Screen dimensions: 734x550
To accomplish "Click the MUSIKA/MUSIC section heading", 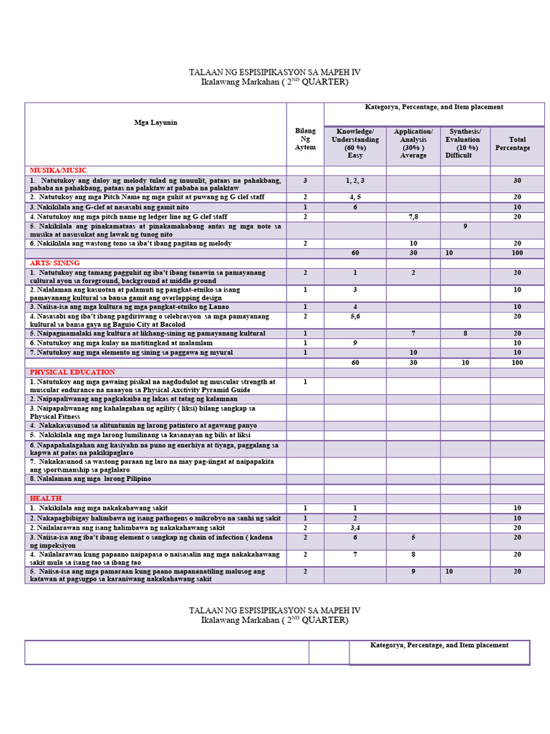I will tap(58, 171).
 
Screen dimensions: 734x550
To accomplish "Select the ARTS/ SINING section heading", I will tap(54, 263).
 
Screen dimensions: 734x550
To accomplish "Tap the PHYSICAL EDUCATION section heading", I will tap(72, 372).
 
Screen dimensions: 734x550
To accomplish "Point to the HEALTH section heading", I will tap(45, 498).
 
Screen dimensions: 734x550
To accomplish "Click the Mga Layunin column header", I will tap(155, 123).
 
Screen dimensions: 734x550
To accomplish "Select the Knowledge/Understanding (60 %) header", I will tap(355, 143).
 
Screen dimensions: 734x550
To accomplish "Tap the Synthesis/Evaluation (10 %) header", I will tap(465, 143).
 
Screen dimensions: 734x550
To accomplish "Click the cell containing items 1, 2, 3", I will tap(355, 181).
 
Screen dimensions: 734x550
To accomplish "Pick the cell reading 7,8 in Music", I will tap(413, 216).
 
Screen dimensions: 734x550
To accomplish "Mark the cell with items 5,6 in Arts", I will tap(355, 316).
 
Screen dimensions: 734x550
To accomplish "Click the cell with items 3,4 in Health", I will tap(355, 528).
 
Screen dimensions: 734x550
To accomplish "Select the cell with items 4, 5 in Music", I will tap(355, 196).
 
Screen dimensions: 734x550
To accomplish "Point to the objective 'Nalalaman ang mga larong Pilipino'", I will tap(90, 478).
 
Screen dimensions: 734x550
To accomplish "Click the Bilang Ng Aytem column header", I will tap(305, 139).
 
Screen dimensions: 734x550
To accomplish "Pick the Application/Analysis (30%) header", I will tap(413, 143).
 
